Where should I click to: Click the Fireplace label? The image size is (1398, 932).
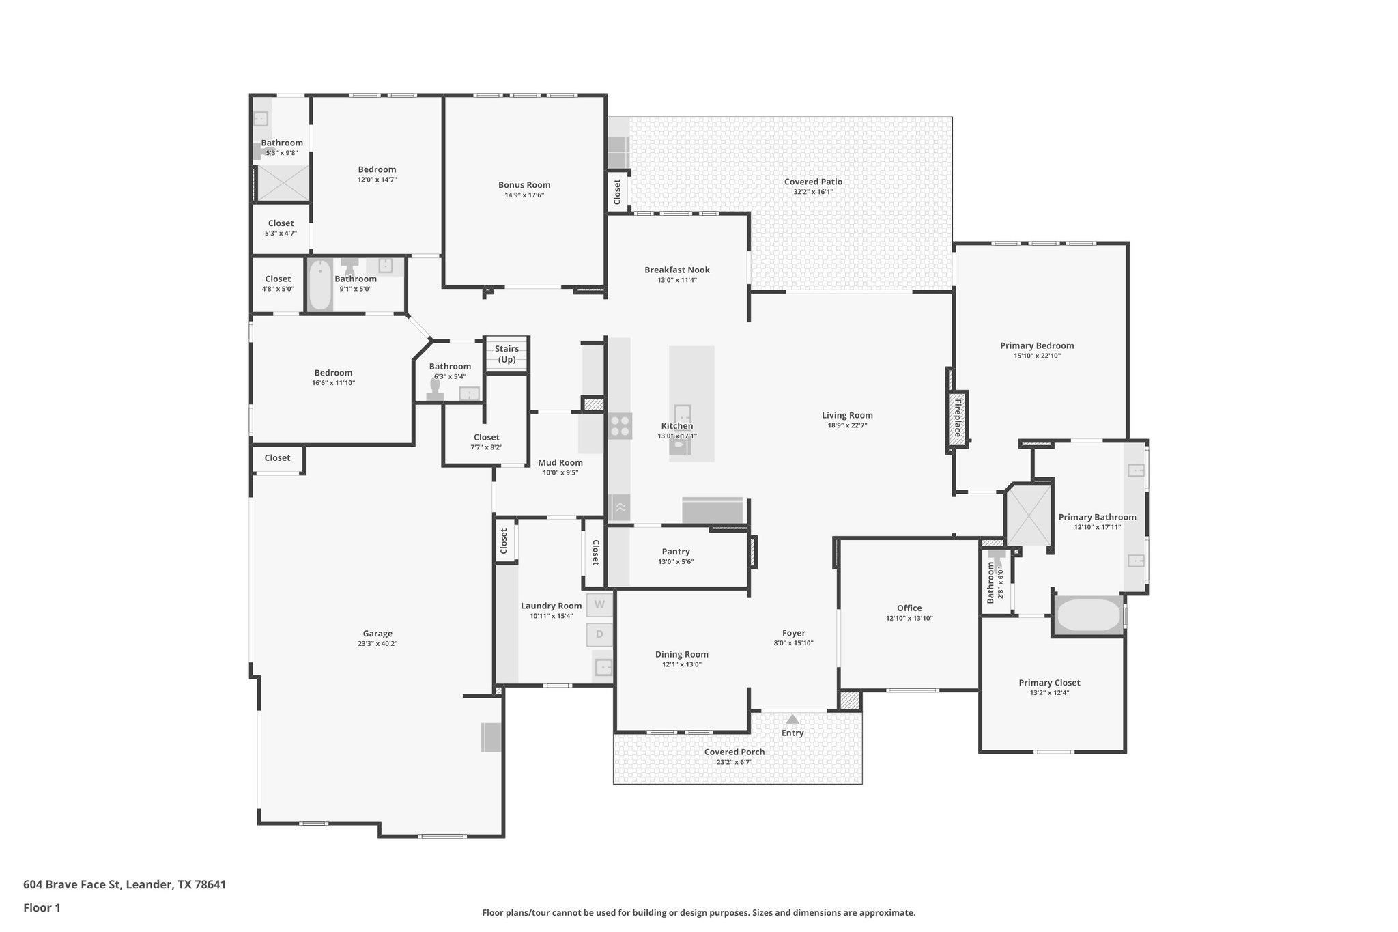coord(958,419)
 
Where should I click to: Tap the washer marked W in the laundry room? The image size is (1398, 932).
coord(599,604)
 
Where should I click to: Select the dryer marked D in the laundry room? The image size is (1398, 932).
coord(599,634)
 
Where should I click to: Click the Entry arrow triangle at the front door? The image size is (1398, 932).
coord(793,719)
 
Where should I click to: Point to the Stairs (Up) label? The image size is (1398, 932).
coord(507,354)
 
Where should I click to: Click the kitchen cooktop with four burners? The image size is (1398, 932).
coord(620,426)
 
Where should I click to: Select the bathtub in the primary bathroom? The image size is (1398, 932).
coord(1088,616)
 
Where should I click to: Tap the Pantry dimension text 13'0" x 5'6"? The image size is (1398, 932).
coord(676,562)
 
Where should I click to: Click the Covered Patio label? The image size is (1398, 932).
coord(813,182)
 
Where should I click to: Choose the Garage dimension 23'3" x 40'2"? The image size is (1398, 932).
coord(377,644)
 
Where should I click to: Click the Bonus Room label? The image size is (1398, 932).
coord(524,185)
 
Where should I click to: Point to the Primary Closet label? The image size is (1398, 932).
coord(1049,683)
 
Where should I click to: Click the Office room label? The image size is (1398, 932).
coord(909,608)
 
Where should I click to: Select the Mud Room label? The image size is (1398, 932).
coord(560,463)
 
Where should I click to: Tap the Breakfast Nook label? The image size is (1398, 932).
coord(677,270)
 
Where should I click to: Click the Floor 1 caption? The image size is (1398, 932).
coord(42,908)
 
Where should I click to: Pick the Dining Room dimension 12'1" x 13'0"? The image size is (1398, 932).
coord(681,664)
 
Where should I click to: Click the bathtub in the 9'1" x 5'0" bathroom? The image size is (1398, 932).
coord(319,285)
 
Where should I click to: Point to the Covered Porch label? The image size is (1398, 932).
coord(734,752)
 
